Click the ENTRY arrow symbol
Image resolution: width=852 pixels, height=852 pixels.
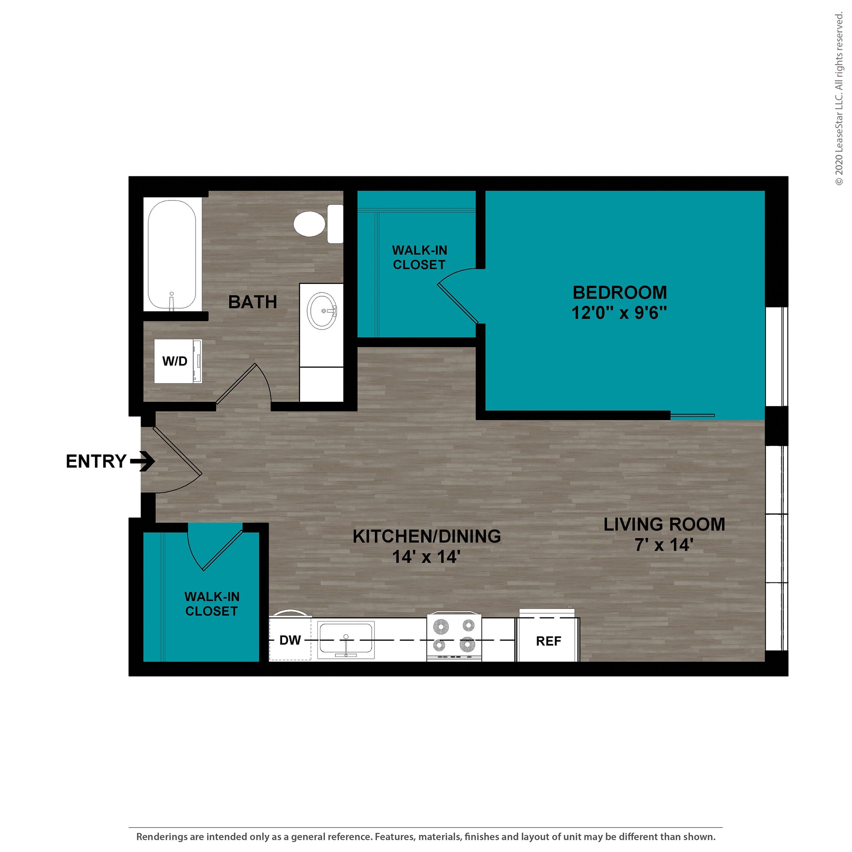[142, 461]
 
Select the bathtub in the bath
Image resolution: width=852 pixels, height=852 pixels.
[172, 255]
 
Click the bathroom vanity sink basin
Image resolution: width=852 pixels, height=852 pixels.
[322, 310]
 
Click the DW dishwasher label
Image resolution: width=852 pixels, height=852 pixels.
[290, 640]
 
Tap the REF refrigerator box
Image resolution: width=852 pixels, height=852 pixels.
[548, 641]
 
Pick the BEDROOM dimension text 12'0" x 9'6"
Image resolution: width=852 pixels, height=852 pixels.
[619, 313]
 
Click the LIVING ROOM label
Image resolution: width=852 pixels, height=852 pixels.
[664, 524]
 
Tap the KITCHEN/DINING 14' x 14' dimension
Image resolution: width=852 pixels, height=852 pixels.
[426, 557]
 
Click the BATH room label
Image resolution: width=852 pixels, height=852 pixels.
[252, 302]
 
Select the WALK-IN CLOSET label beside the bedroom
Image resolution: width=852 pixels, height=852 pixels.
[419, 257]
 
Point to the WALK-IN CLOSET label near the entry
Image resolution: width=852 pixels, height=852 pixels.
[212, 603]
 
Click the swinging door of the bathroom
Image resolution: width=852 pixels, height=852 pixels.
[236, 383]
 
